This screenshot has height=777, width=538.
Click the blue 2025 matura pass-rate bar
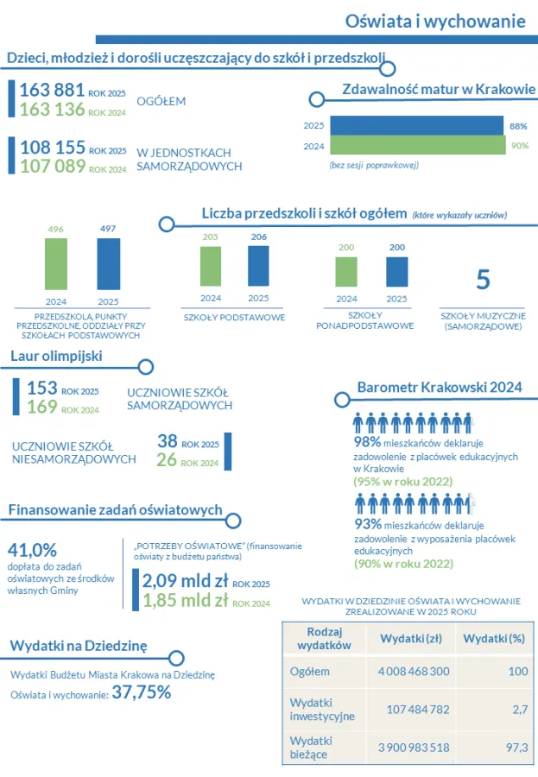tap(416, 125)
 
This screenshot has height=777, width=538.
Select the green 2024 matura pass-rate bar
tap(418, 145)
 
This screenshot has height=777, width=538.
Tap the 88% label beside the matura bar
tap(518, 126)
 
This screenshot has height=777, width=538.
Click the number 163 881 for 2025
tap(52, 90)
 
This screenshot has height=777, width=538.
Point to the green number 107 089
tap(53, 166)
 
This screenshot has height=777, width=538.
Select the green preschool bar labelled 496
tap(56, 264)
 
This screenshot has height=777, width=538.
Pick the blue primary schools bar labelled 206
tap(258, 266)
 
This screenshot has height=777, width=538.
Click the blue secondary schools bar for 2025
tap(396, 272)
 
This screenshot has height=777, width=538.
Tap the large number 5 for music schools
tap(483, 280)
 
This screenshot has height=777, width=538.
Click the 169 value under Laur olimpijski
tap(42, 407)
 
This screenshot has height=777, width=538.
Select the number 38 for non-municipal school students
tap(168, 441)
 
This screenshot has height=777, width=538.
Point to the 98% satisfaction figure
tap(367, 441)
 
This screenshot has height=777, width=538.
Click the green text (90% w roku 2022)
tap(403, 564)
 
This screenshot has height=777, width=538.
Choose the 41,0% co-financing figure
tap(32, 550)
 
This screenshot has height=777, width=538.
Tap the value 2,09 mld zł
tap(185, 581)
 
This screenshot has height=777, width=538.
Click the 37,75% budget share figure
tap(142, 692)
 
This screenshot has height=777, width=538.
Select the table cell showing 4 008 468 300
tap(414, 672)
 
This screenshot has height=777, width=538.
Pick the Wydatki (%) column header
tap(494, 639)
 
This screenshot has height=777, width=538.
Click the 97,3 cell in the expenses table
tap(517, 748)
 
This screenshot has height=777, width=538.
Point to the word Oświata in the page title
tap(379, 22)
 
